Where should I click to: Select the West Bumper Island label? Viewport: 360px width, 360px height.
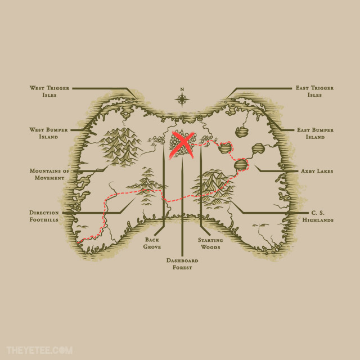click(x=48, y=133)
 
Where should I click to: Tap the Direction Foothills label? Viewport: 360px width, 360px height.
click(x=44, y=216)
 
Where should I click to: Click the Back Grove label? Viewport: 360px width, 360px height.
click(x=152, y=244)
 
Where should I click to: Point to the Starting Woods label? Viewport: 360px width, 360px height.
click(x=210, y=244)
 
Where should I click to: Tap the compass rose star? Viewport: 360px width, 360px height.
click(x=182, y=100)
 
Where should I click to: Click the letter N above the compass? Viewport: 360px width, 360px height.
click(x=182, y=89)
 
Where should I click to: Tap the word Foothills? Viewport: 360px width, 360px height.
click(x=44, y=220)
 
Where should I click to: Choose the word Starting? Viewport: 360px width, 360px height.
click(x=210, y=240)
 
